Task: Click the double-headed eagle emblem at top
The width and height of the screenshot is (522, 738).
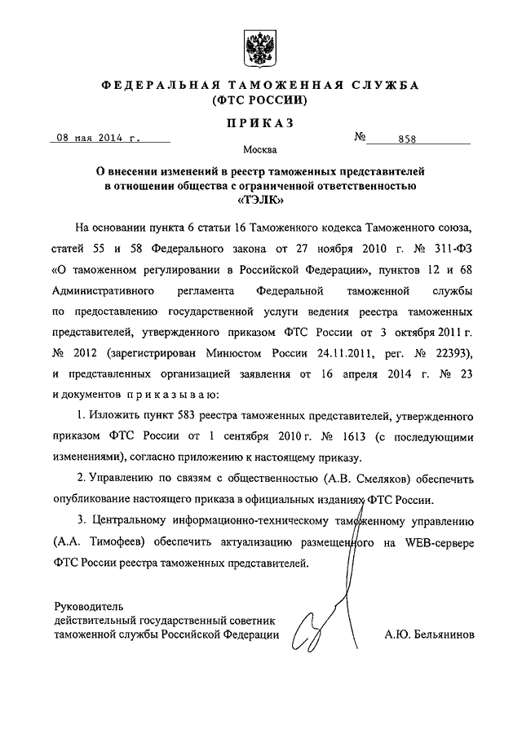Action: coord(260,43)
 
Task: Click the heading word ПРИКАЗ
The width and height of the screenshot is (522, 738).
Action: coord(260,123)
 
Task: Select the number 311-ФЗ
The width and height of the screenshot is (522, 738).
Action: coord(451,244)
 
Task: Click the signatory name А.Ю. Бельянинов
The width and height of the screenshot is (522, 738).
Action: coord(428,634)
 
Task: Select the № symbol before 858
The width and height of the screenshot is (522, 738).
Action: coord(360,137)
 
